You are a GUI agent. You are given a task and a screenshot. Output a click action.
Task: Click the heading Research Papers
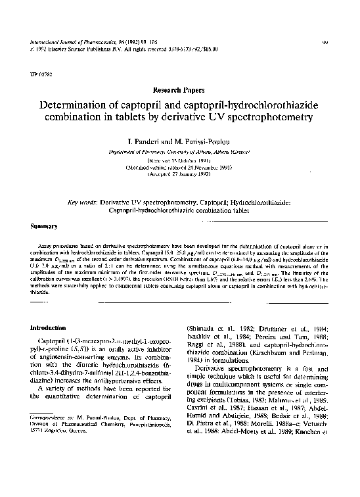tap(179, 88)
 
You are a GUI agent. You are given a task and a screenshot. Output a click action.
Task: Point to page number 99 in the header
tap(325, 41)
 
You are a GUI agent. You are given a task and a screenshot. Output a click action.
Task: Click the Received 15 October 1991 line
tap(179, 160)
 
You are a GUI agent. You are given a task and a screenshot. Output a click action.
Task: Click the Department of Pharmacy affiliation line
tap(179, 151)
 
